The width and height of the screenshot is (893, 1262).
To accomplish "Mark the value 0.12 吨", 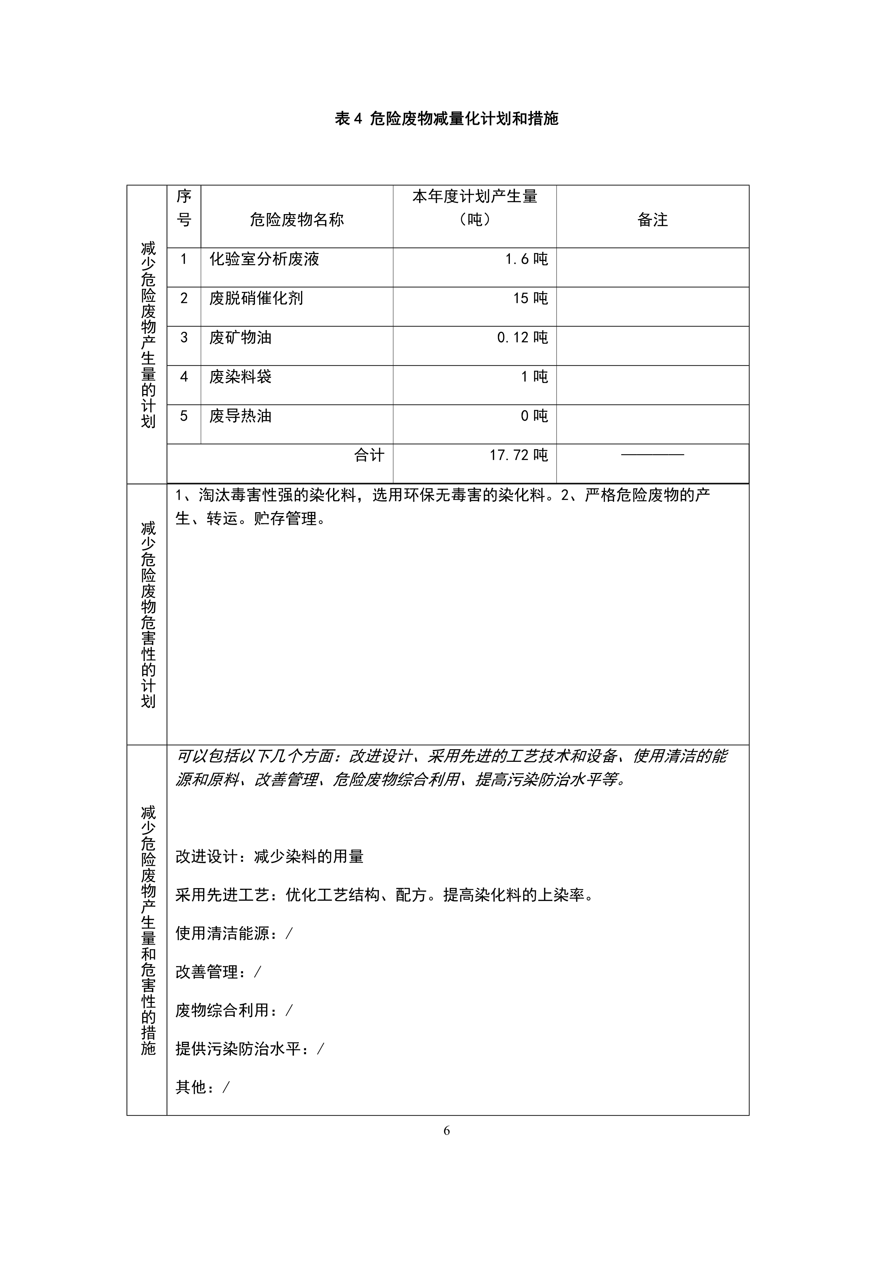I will [522, 338].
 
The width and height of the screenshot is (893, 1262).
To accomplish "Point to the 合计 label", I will [369, 455].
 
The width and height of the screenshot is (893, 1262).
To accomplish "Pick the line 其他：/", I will [202, 1087].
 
